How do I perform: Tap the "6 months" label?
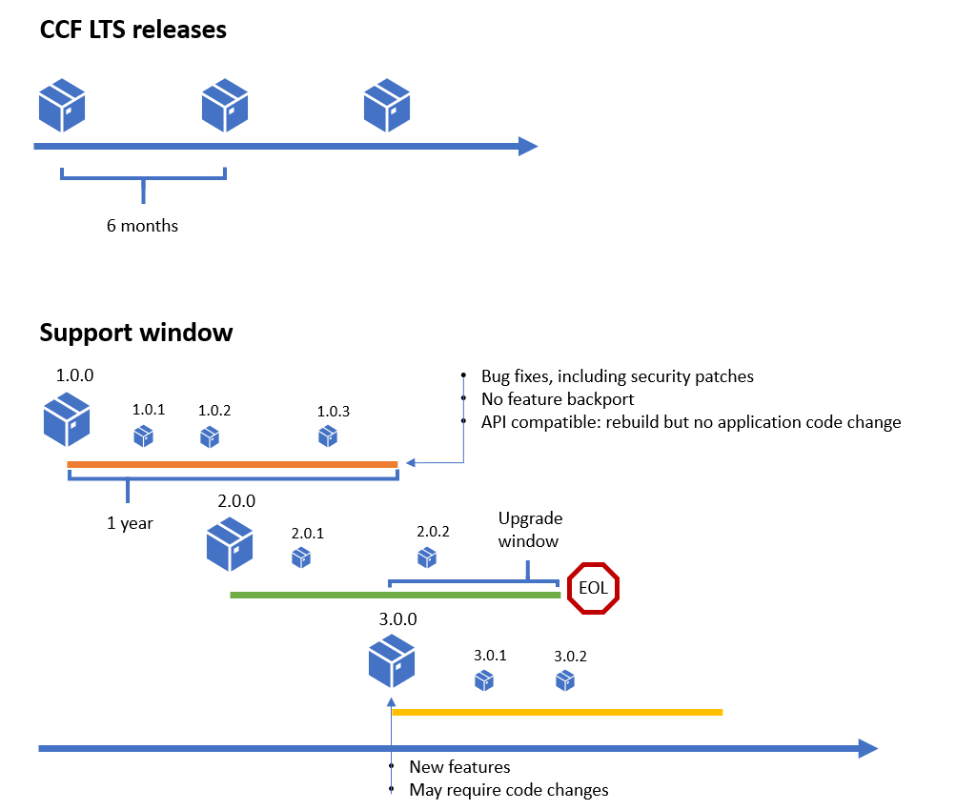click(x=142, y=226)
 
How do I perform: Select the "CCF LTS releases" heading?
click(x=133, y=30)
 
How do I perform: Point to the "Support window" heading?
click(x=136, y=333)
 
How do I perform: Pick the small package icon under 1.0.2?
click(x=210, y=436)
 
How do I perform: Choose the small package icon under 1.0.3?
click(x=328, y=435)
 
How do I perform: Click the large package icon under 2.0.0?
click(x=230, y=543)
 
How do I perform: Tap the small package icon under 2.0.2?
click(x=427, y=557)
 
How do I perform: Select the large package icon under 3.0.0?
click(x=393, y=661)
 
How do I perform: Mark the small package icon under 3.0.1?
click(x=484, y=680)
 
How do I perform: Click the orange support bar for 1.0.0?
click(x=233, y=465)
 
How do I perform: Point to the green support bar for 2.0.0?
click(x=395, y=595)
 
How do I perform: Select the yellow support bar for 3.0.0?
click(x=558, y=712)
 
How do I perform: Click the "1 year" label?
click(x=131, y=523)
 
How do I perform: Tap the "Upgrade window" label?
click(x=530, y=530)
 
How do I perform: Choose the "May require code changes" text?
click(x=508, y=789)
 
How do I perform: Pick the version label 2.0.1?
click(x=308, y=533)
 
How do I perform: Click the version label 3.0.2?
click(x=570, y=656)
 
